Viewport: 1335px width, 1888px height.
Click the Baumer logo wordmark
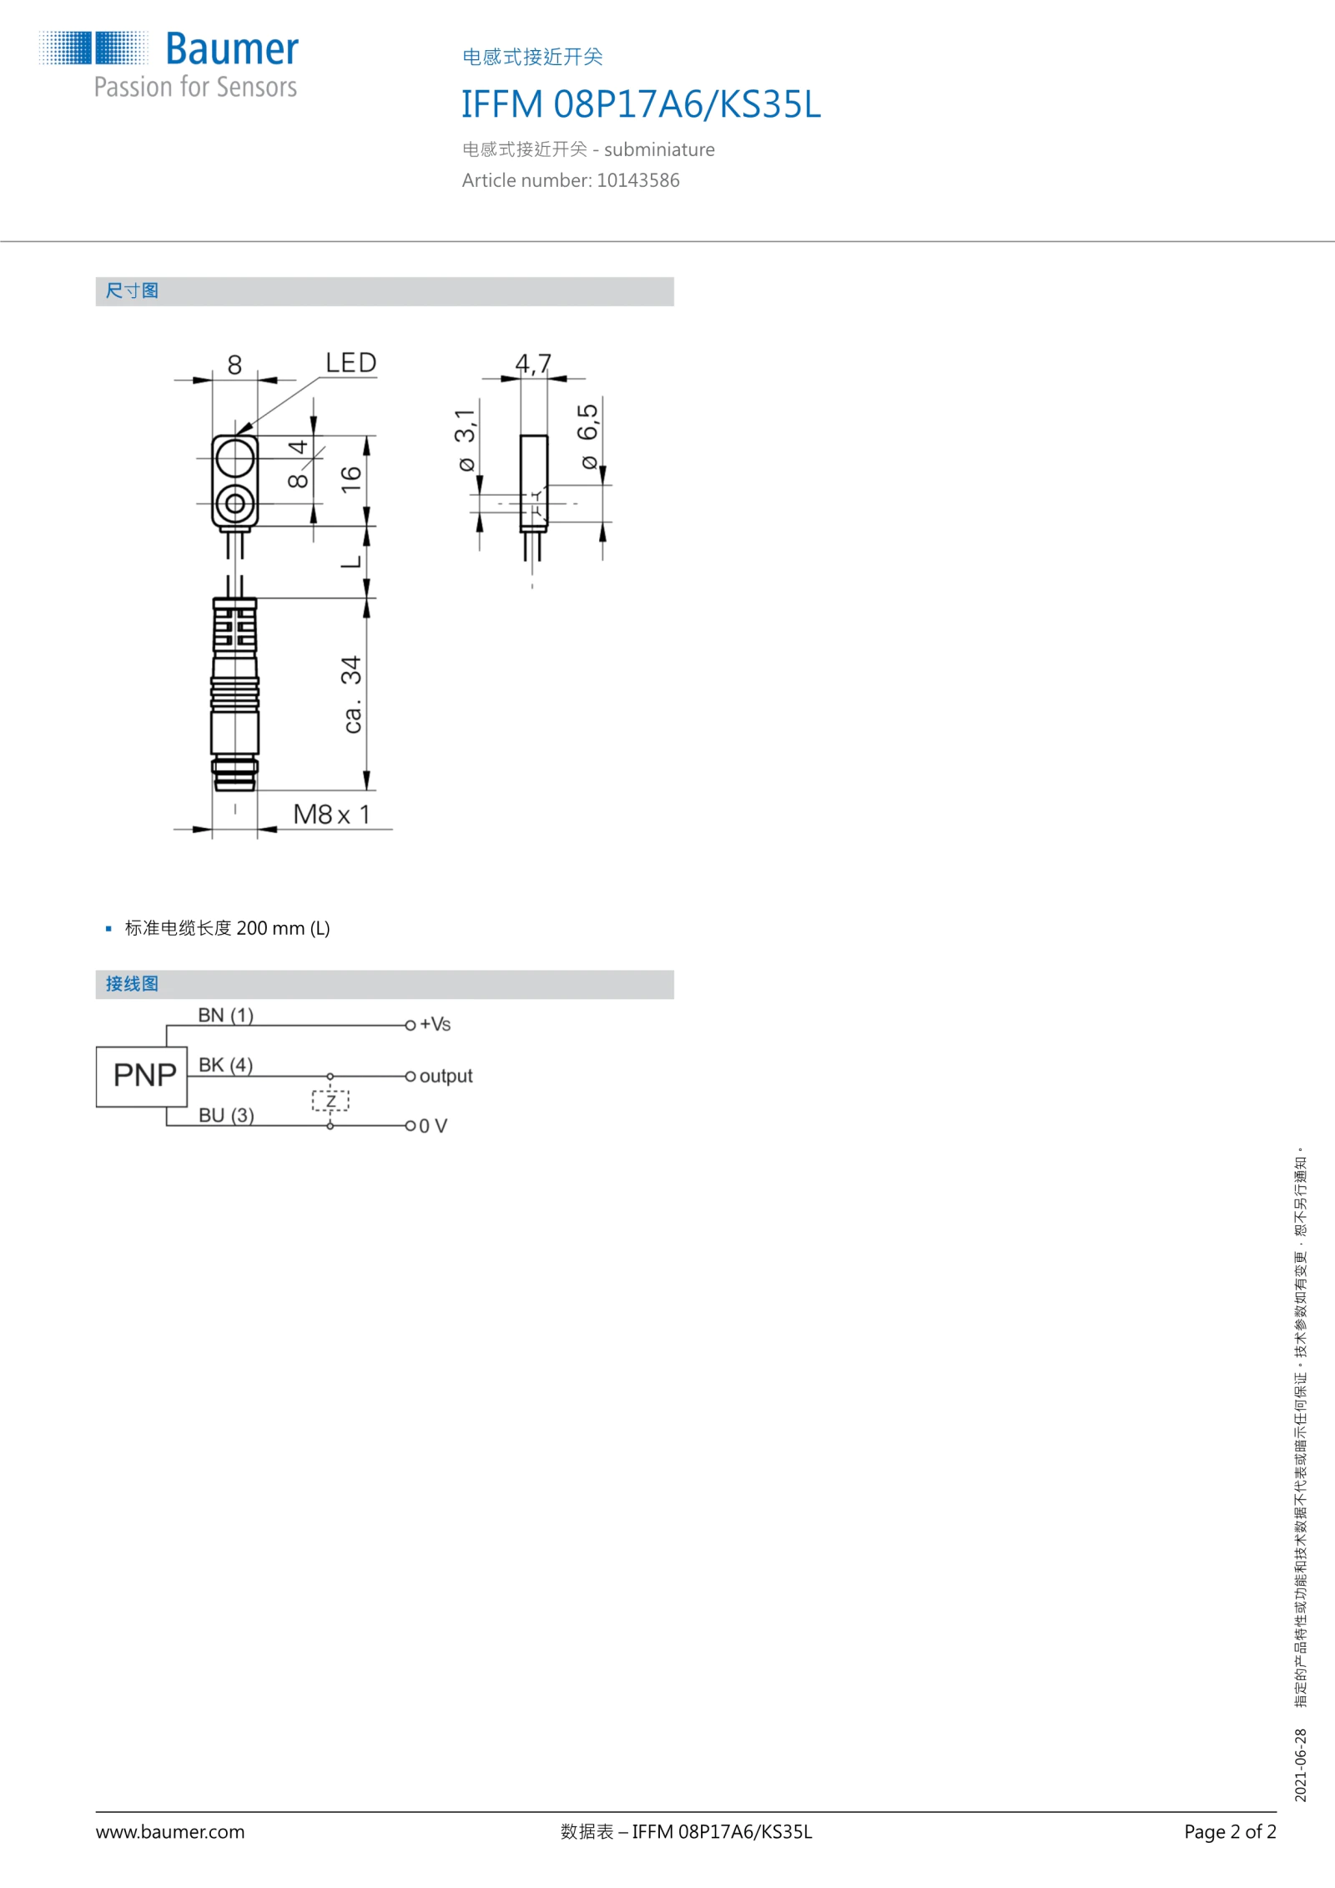click(x=231, y=49)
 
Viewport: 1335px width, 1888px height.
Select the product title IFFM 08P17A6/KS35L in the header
click(x=641, y=105)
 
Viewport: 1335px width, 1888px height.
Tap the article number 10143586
click(x=637, y=180)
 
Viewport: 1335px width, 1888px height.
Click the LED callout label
click(x=350, y=363)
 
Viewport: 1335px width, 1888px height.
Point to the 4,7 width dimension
click(x=533, y=363)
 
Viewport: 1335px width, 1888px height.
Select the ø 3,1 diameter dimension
click(x=466, y=440)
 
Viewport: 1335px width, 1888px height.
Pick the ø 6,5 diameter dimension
click(x=588, y=436)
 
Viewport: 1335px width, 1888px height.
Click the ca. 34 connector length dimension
click(x=352, y=694)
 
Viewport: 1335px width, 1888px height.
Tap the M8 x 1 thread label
click(x=331, y=814)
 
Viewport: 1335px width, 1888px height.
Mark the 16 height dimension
click(x=350, y=479)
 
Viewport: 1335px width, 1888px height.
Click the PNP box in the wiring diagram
click(x=142, y=1077)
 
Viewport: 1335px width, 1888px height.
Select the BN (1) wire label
click(x=225, y=1015)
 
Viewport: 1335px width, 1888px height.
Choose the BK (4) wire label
click(x=225, y=1065)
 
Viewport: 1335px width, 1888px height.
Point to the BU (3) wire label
click(x=226, y=1115)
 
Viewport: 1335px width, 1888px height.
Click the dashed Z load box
click(x=330, y=1101)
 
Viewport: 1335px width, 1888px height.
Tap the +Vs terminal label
click(x=435, y=1024)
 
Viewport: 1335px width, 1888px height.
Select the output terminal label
click(x=446, y=1076)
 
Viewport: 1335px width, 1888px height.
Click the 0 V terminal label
click(x=433, y=1126)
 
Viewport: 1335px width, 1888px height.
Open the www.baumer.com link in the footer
click(x=170, y=1831)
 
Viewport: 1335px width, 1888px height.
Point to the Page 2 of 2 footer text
click(x=1230, y=1831)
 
